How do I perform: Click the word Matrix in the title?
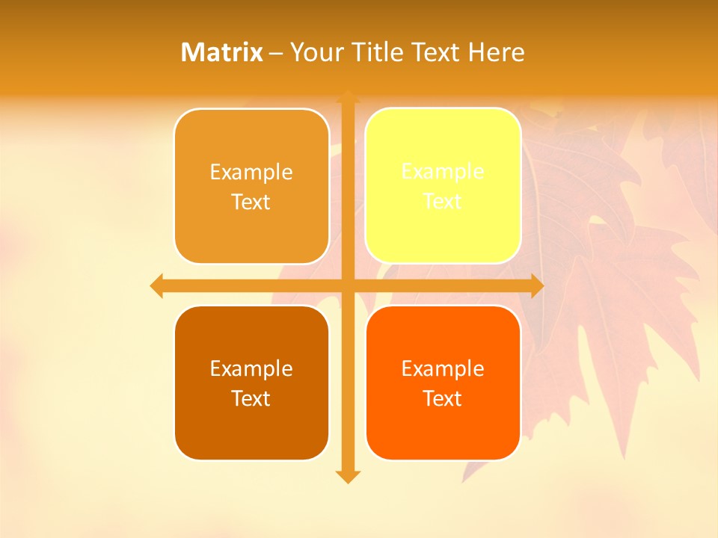pos(222,52)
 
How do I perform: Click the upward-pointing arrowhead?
pos(348,96)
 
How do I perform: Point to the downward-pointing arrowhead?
pos(348,476)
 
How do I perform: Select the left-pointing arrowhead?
pos(156,285)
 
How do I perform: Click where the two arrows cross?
pos(348,285)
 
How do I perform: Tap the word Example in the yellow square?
pos(443,172)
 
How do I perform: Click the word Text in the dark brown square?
pos(251,398)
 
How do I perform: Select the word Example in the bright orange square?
pos(443,368)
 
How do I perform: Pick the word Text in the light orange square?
pos(251,202)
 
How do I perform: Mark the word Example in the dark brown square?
pos(251,368)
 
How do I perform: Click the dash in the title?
pos(275,53)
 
